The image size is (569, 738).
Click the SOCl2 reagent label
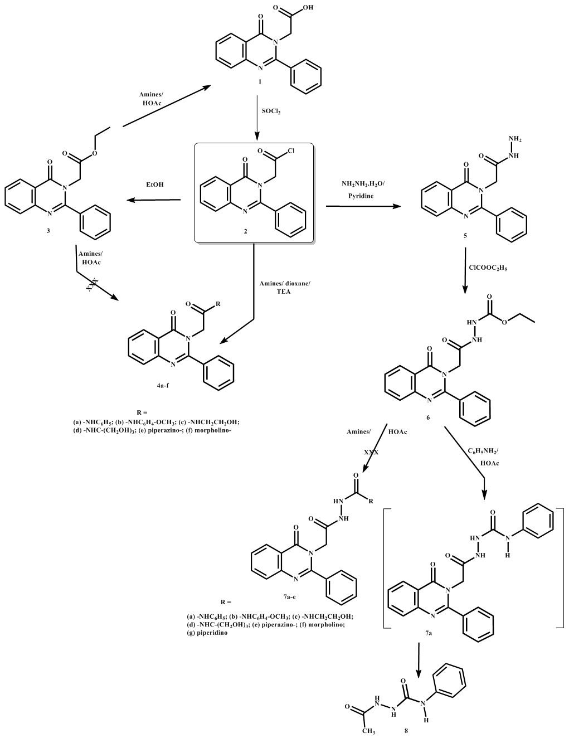point(271,112)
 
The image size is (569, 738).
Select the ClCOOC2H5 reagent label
point(488,268)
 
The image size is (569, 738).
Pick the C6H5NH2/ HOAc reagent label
point(482,454)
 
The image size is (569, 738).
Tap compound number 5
point(464,236)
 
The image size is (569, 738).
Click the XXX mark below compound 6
point(371,453)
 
